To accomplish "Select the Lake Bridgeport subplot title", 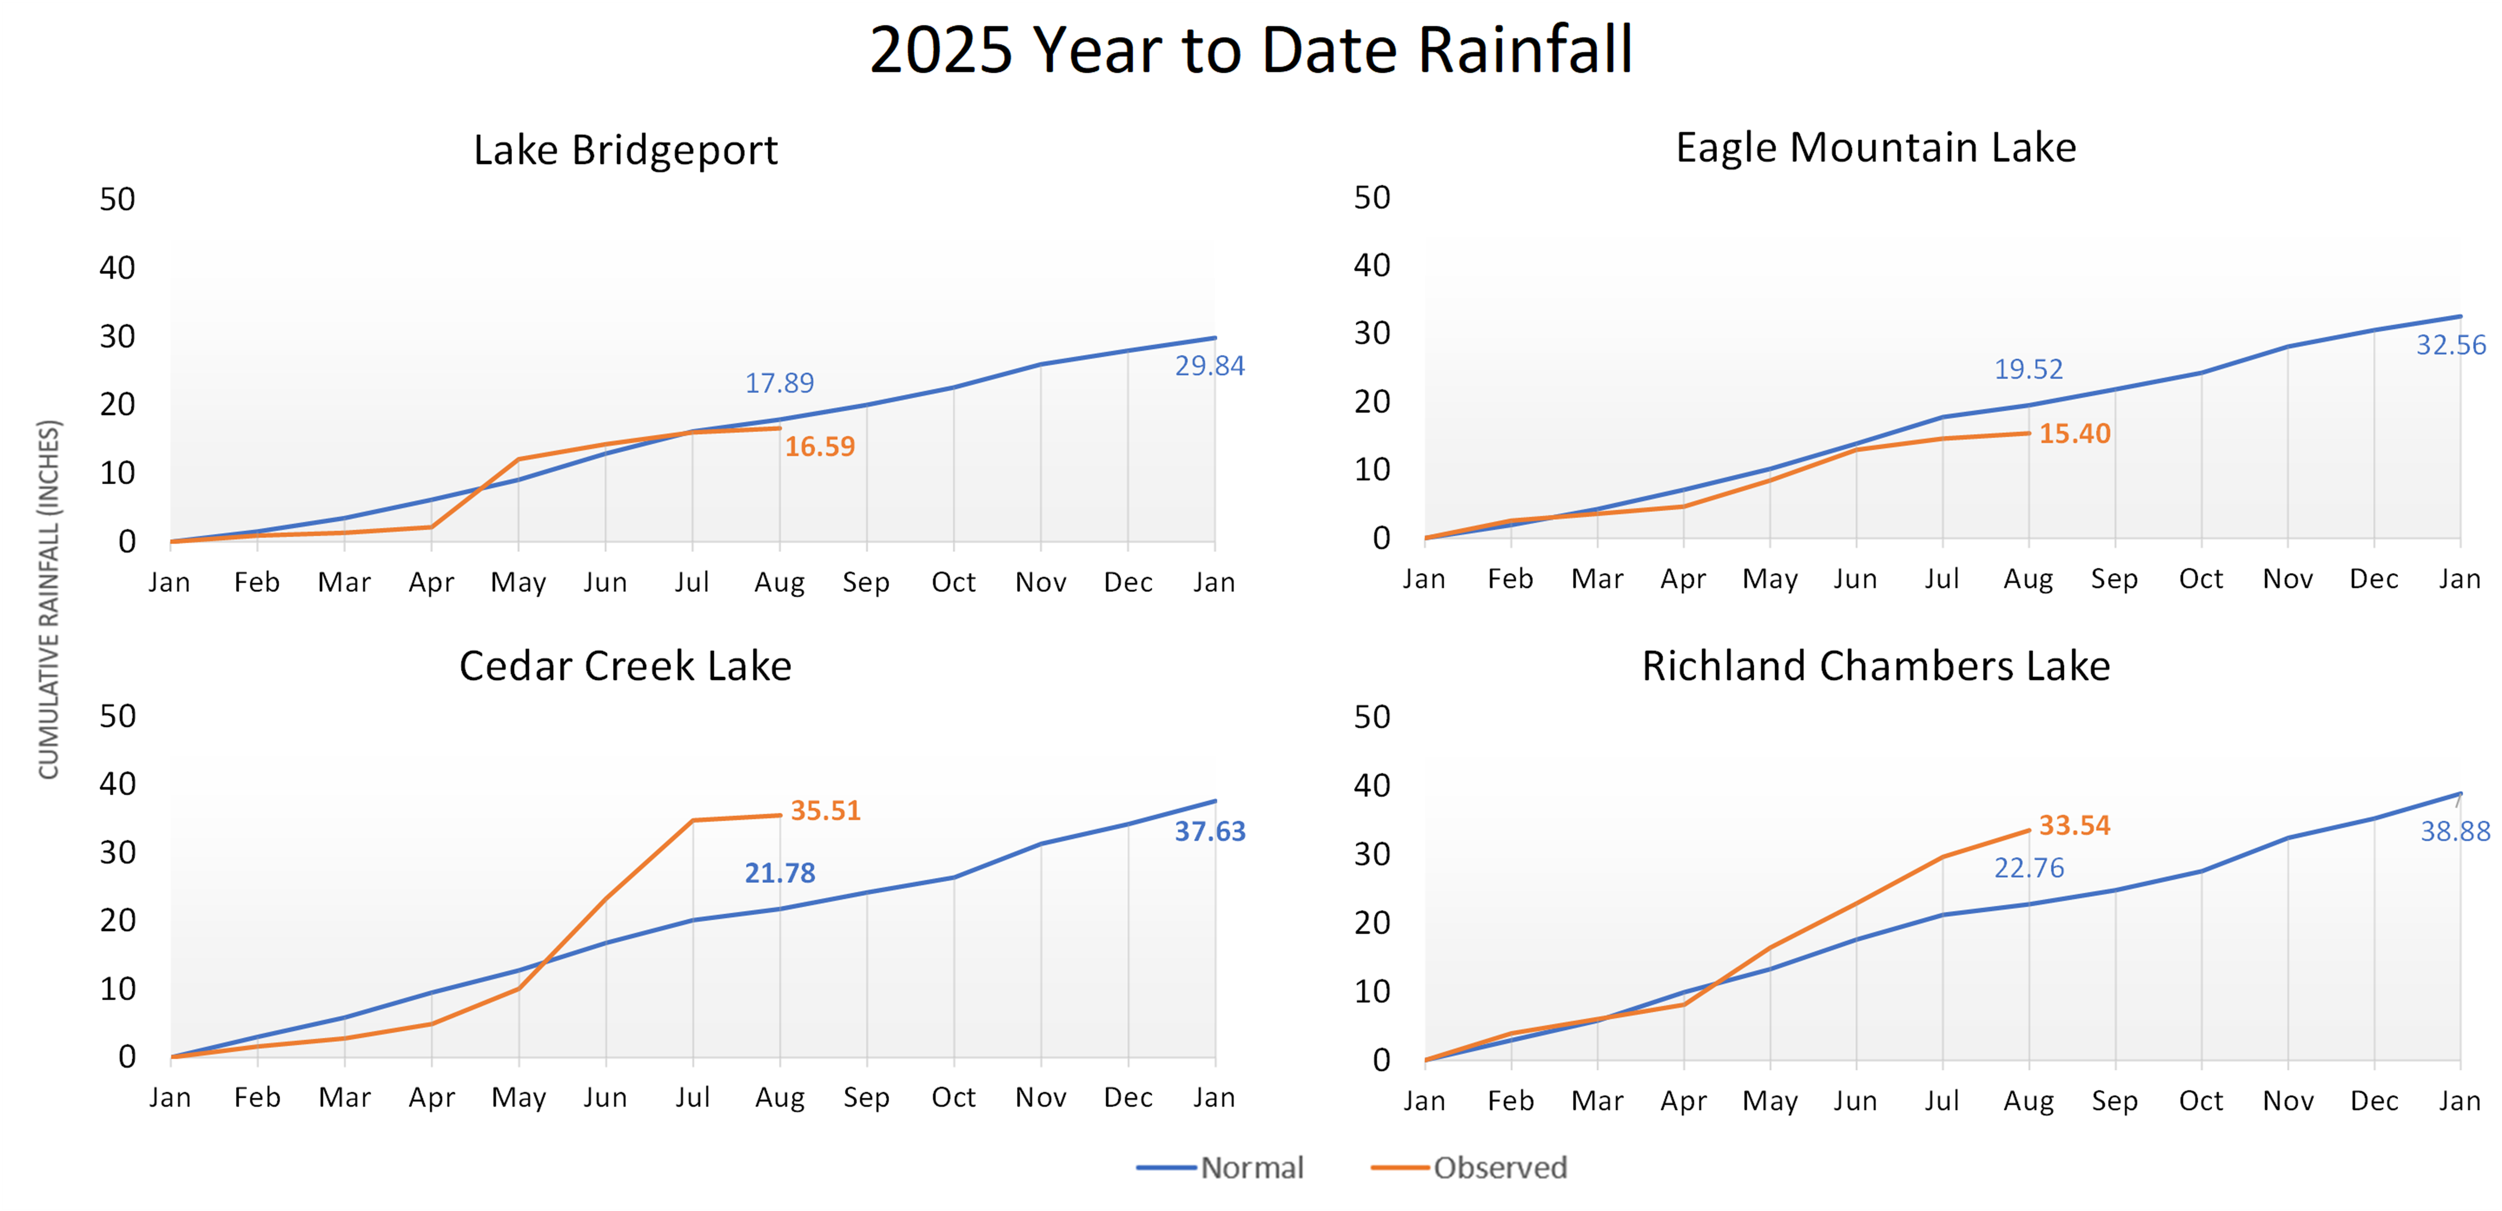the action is [x=625, y=150].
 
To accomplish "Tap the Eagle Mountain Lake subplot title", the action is [x=1875, y=148].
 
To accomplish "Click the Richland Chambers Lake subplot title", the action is [x=1875, y=666].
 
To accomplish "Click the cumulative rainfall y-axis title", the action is [x=49, y=599].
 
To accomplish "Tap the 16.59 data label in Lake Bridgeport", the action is [x=820, y=447].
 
